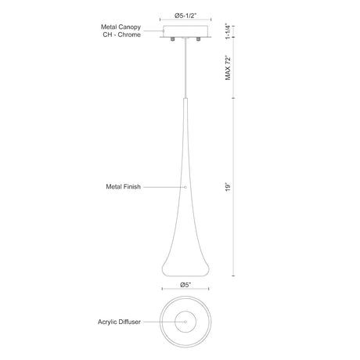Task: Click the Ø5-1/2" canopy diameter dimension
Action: click(x=185, y=16)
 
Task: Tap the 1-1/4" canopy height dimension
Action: click(x=228, y=31)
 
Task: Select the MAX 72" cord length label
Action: click(x=228, y=68)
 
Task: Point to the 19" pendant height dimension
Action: click(x=228, y=187)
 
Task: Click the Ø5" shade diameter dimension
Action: click(x=185, y=285)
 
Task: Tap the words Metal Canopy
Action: click(x=121, y=27)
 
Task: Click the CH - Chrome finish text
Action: click(x=121, y=34)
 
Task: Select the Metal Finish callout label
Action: click(x=123, y=187)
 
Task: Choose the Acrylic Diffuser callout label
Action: click(x=119, y=322)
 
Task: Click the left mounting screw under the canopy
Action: click(x=172, y=39)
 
